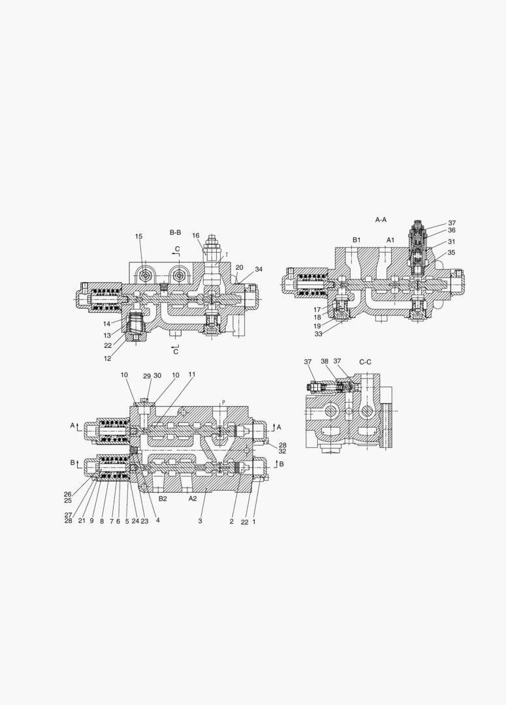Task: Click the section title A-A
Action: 381,220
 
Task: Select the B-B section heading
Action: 175,232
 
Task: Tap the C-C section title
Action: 366,361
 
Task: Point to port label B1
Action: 356,240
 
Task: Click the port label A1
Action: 390,240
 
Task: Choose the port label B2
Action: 163,498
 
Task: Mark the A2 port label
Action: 193,498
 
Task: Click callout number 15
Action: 138,236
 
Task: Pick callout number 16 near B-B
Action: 196,236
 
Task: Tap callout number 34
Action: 259,269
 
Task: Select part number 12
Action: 106,358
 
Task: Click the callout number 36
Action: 452,230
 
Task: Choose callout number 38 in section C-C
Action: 324,362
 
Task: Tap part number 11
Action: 192,375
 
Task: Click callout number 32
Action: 283,451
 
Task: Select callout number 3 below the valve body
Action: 200,521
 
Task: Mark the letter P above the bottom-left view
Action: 223,402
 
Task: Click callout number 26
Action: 67,494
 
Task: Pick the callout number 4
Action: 158,521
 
